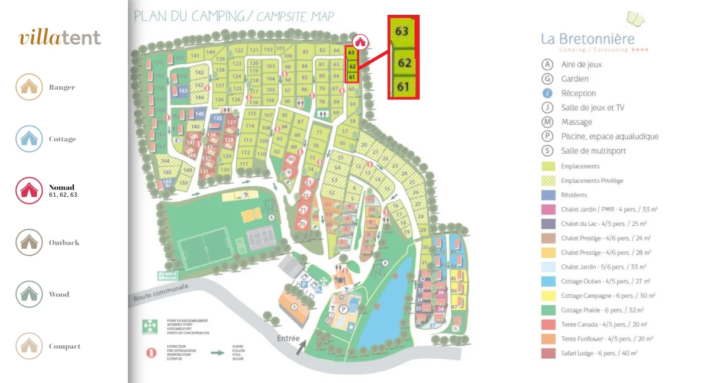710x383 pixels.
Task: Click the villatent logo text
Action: coord(60,38)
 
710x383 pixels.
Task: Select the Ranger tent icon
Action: coord(29,87)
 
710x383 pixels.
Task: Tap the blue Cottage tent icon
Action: coord(29,139)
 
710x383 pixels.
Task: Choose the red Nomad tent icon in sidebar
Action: coord(29,190)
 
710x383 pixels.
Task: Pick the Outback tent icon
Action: coord(29,242)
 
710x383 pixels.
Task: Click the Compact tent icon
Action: coord(29,346)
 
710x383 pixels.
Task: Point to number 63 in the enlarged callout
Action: coord(402,31)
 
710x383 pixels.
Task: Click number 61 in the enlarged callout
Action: coord(403,87)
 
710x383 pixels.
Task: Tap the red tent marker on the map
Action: coord(360,42)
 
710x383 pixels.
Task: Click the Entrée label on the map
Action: coord(289,339)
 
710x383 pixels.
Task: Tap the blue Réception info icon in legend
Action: coord(548,93)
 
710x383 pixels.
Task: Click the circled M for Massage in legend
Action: coord(548,122)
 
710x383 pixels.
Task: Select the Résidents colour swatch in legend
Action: coord(548,195)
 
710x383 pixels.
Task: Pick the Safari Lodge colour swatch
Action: coord(548,353)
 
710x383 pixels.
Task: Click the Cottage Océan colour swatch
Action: coord(548,281)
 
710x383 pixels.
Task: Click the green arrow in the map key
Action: coord(218,353)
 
